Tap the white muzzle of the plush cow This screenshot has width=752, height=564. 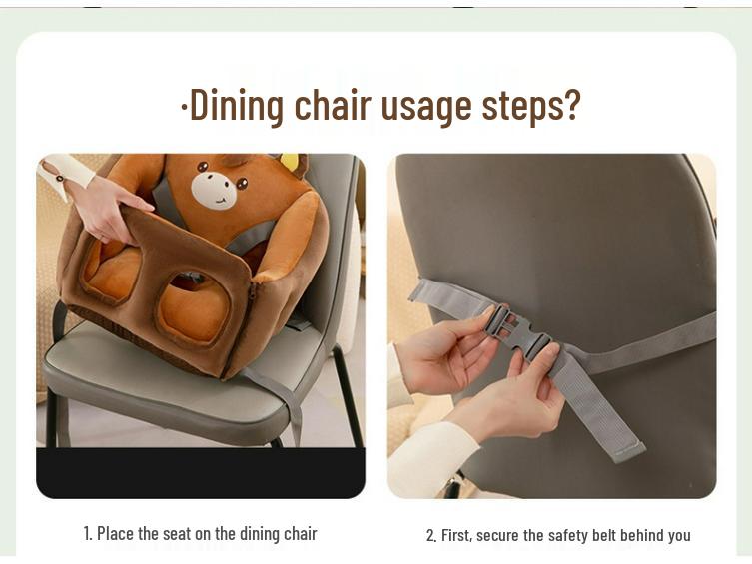[213, 191]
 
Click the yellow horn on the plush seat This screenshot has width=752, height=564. [289, 162]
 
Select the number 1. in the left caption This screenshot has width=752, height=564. [88, 534]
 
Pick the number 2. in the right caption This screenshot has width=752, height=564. [431, 536]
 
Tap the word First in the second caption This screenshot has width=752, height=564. [456, 536]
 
